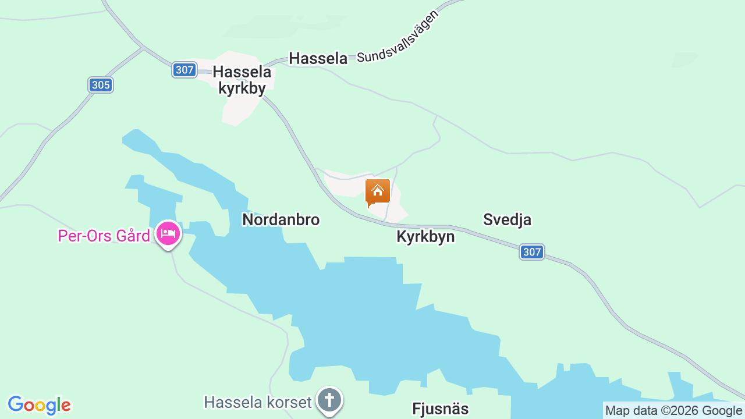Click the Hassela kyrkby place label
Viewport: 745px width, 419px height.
[242, 80]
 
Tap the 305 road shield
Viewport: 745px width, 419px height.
[101, 85]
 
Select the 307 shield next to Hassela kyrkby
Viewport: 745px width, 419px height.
[184, 70]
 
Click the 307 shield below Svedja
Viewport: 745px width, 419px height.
[532, 252]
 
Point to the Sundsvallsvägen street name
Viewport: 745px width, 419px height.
[398, 37]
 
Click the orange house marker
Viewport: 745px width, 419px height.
[377, 191]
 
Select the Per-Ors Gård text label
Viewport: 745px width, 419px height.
[104, 236]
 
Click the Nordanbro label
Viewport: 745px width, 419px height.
[281, 219]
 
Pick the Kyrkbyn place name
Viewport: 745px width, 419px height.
[425, 237]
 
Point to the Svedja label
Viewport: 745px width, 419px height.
[507, 219]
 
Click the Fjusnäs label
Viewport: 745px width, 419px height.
[440, 409]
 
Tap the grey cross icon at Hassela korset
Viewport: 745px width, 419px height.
[329, 400]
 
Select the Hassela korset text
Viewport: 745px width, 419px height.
[257, 402]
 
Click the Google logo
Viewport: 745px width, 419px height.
[40, 405]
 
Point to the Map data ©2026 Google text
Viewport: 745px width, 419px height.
[673, 410]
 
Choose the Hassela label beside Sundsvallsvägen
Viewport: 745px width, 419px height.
[318, 58]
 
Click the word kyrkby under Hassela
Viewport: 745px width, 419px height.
[242, 88]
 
